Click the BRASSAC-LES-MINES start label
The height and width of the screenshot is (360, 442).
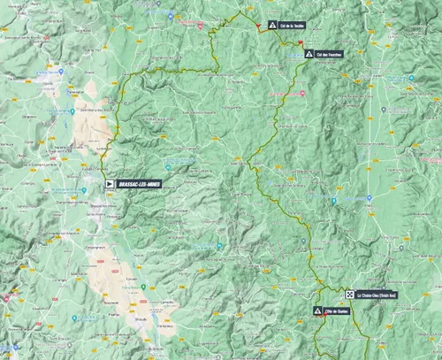click(x=139, y=184)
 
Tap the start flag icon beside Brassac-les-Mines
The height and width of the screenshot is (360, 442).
click(x=110, y=184)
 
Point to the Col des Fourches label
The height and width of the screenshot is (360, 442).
click(x=330, y=54)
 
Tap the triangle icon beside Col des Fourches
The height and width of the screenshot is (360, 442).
click(x=309, y=54)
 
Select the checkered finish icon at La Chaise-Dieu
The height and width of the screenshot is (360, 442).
click(x=351, y=295)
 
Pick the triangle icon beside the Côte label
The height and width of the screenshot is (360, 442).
click(x=317, y=311)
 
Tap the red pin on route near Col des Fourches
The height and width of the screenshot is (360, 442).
click(x=301, y=58)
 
